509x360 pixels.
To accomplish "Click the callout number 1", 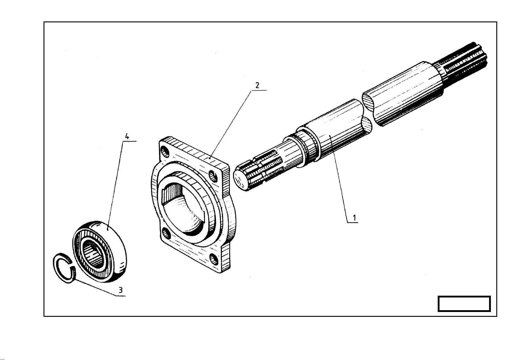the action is [x=354, y=218].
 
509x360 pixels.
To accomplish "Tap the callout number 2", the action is [x=257, y=85].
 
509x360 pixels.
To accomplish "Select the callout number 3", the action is [x=121, y=290].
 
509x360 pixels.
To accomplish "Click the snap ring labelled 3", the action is [x=64, y=268].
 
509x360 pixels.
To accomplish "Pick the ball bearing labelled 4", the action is [x=99, y=252].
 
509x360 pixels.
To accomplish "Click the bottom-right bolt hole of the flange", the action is [x=214, y=259].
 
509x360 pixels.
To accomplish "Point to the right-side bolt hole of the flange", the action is [x=213, y=177].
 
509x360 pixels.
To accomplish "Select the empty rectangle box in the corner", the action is [x=464, y=304].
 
